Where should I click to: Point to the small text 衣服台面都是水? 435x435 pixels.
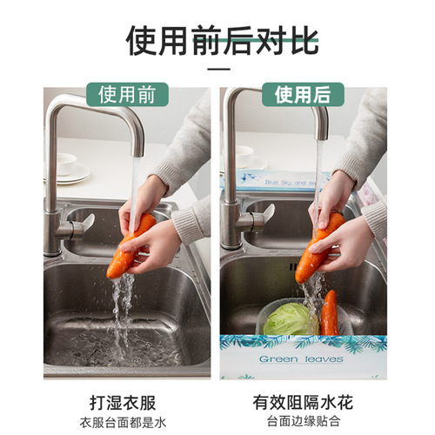pos(128,423)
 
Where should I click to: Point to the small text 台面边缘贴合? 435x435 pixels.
pos(303,423)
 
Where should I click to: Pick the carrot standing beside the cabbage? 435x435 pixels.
pos(330,313)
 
